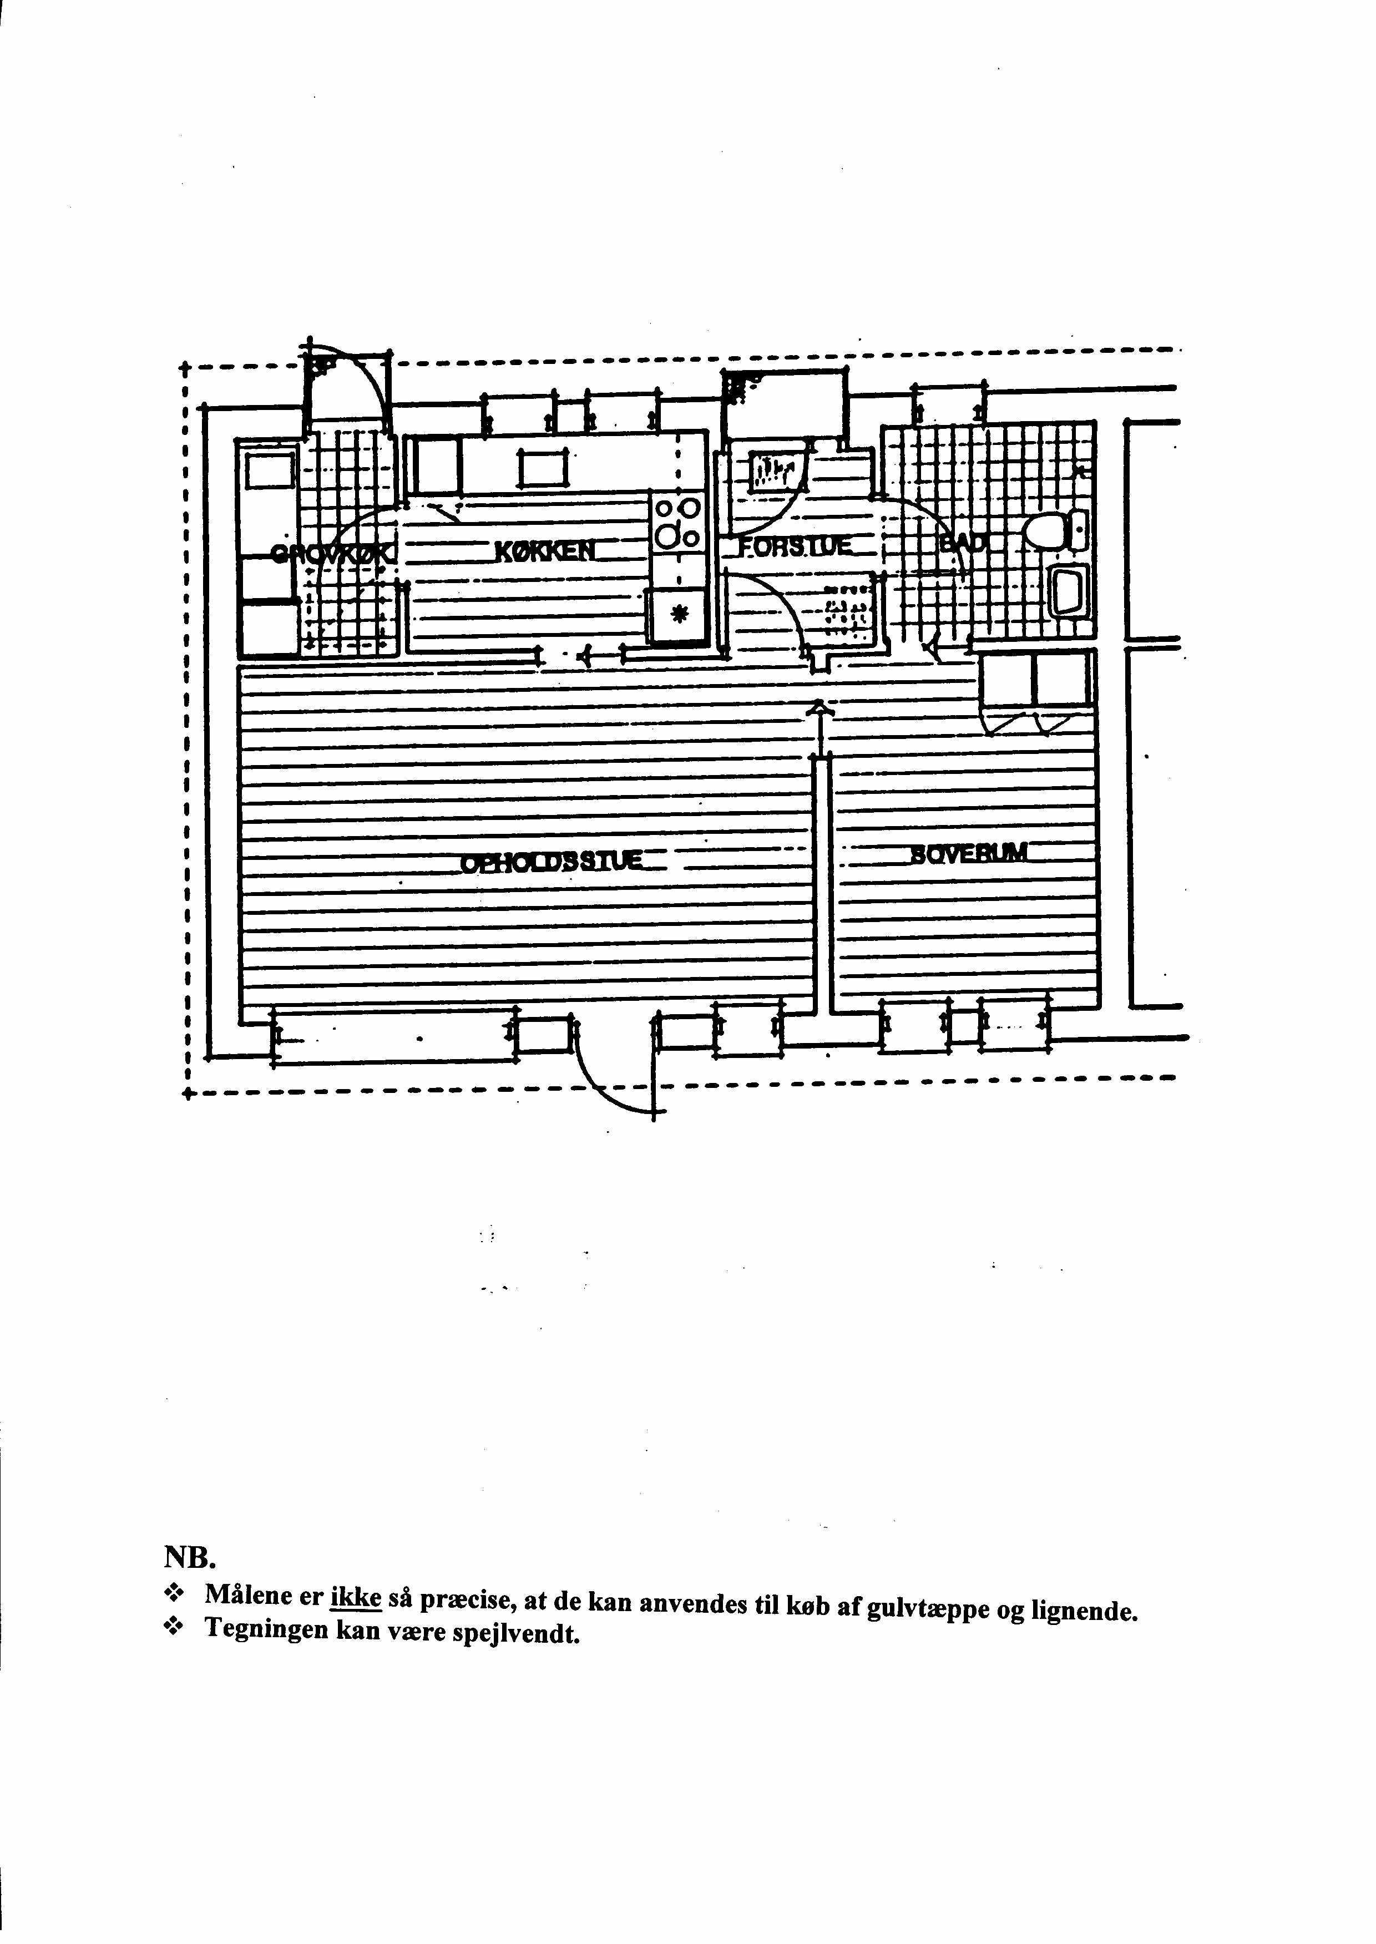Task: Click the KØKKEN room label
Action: [545, 551]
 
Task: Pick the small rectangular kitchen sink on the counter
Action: [542, 468]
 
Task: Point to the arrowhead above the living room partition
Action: [818, 706]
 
